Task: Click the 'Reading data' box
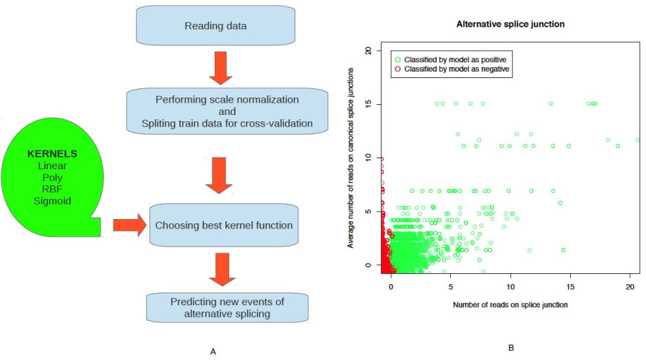[x=215, y=27]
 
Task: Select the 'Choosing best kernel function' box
[x=223, y=226]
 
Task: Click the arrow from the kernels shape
[x=129, y=225]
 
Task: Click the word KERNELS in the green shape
[x=52, y=155]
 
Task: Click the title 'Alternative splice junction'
[x=509, y=25]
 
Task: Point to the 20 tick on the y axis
[x=369, y=51]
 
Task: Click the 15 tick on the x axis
[x=571, y=278]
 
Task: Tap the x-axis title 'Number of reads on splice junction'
[x=510, y=304]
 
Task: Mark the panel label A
[x=212, y=351]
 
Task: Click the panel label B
[x=510, y=348]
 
